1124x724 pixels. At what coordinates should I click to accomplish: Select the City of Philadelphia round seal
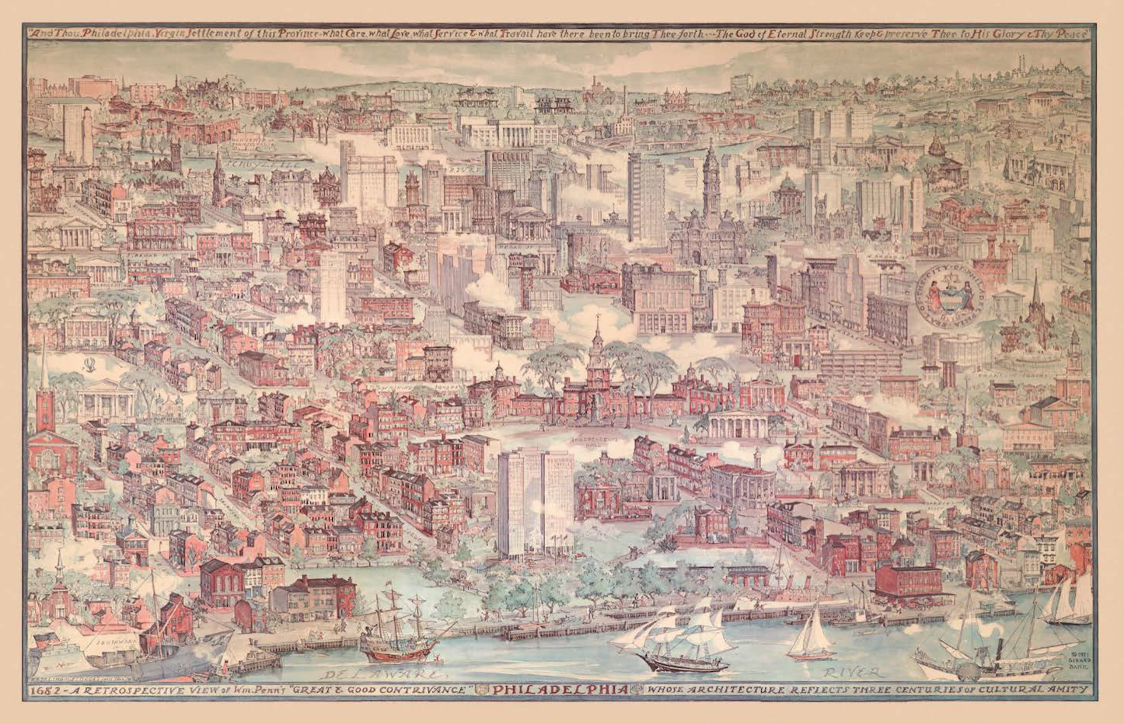click(x=951, y=295)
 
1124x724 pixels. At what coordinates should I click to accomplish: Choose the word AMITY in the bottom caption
click(x=1068, y=690)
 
